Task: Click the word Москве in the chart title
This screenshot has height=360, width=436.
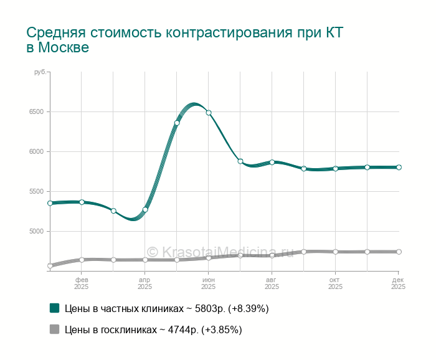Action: point(63,48)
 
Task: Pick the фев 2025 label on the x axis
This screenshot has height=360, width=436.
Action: point(82,283)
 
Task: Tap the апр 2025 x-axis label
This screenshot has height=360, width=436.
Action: point(145,283)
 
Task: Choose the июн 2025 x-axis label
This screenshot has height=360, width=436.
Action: point(209,283)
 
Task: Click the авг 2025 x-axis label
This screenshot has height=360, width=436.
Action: point(272,283)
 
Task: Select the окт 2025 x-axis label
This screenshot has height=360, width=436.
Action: point(335,283)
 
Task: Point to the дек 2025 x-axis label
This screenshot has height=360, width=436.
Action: point(398,283)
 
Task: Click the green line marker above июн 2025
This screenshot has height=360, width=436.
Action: point(209,113)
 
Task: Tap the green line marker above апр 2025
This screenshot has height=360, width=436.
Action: point(145,209)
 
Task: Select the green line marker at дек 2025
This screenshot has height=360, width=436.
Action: point(399,167)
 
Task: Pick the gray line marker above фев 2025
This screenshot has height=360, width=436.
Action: point(82,260)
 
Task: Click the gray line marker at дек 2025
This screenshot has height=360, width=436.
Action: point(399,252)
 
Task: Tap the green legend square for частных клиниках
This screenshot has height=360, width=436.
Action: point(54,308)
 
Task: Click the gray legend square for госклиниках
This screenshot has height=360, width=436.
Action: point(54,329)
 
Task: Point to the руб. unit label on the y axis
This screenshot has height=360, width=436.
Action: point(40,73)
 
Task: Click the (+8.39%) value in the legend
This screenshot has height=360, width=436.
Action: point(249,308)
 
